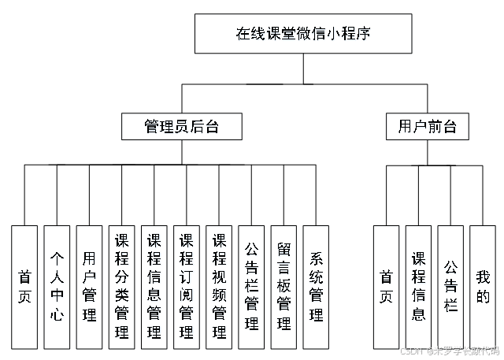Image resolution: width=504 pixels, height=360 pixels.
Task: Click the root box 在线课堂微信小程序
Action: click(303, 34)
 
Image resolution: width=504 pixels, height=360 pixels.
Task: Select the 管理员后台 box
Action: click(182, 126)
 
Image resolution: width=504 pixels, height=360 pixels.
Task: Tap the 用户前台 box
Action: click(428, 126)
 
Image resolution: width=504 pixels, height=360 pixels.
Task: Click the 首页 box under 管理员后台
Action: click(24, 287)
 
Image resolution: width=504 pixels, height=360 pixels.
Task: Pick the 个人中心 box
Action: click(57, 287)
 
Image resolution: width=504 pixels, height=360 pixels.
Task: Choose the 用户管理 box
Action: click(89, 287)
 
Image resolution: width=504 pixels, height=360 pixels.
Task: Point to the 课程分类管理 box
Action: click(121, 287)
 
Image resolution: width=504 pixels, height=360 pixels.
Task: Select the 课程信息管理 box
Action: click(154, 287)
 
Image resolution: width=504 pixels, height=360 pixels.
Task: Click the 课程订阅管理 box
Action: click(187, 287)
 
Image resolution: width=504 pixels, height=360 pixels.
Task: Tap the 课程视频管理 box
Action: click(219, 287)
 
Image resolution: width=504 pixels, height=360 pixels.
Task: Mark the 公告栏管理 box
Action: click(251, 287)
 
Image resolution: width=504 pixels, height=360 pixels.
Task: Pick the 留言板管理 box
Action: click(283, 287)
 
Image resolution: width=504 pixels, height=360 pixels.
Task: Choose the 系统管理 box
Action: click(316, 287)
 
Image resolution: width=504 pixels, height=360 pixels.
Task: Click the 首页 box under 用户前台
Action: click(386, 287)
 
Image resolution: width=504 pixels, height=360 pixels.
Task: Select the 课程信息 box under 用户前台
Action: click(418, 287)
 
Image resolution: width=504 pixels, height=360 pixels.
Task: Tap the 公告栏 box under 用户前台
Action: click(450, 287)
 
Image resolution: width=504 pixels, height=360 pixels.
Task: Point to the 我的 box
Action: click(483, 287)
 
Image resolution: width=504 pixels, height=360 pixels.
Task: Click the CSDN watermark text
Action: click(449, 351)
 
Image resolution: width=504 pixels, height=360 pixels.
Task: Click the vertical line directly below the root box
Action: click(303, 68)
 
